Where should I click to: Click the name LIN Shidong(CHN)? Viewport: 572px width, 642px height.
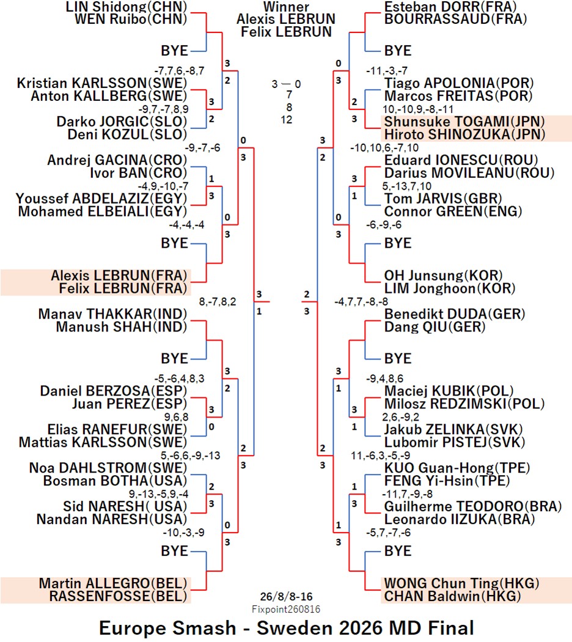coord(127,6)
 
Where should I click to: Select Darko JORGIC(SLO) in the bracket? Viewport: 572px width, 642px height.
coord(122,122)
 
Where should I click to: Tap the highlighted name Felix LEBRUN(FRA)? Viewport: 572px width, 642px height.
coord(123,288)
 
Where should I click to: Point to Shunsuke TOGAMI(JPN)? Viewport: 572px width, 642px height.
coord(464,122)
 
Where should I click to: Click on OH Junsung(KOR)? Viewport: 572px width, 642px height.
coord(443,276)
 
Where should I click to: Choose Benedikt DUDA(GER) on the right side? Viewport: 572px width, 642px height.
coord(455,314)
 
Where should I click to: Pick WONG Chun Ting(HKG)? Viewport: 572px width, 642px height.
coord(461,583)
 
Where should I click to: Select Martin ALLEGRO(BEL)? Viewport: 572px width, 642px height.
coord(113,583)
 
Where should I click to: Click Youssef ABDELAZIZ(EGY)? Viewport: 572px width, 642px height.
coord(101,199)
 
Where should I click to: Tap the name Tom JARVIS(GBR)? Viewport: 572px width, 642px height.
coord(443,199)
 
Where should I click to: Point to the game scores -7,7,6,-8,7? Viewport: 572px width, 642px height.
coord(179,71)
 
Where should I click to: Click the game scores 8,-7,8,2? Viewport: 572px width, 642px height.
coord(218,302)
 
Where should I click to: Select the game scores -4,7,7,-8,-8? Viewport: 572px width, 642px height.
coord(361,302)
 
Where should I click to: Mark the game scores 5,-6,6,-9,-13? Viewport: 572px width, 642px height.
coord(190,456)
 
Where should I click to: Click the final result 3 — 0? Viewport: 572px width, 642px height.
coord(286,84)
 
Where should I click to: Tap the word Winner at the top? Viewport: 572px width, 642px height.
coord(286,7)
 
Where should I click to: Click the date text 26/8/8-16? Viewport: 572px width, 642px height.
coord(286,597)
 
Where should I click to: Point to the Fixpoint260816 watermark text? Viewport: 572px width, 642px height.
coord(286,609)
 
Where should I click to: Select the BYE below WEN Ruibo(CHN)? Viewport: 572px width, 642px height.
coord(175,51)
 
